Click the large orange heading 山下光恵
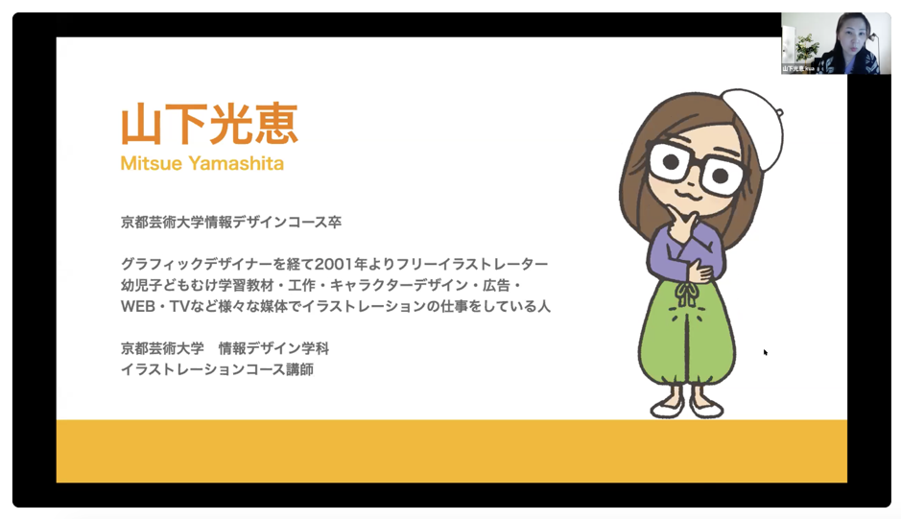209,124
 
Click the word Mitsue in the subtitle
151,163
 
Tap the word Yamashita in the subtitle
237,163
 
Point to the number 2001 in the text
333,265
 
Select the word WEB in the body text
138,306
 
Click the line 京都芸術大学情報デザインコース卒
231,222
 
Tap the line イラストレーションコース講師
217,369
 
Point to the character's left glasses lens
670,162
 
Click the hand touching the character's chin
683,224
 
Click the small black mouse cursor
766,352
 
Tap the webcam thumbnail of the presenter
831,43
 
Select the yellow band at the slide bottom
452,451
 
